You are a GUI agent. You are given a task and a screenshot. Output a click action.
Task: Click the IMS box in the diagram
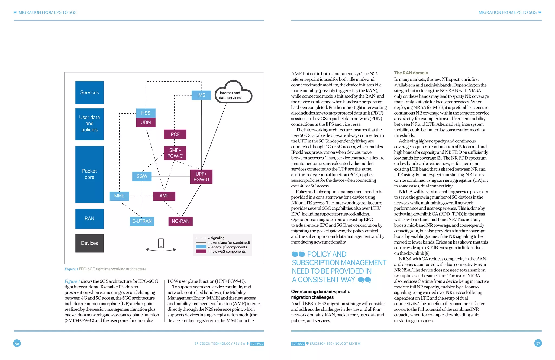(x=201, y=95)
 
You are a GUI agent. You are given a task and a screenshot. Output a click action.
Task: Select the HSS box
(x=146, y=113)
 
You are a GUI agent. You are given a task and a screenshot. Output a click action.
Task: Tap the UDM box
(x=146, y=122)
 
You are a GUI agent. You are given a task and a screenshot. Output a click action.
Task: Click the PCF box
(x=175, y=134)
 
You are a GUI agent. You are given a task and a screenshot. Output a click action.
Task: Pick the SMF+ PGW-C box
(x=175, y=153)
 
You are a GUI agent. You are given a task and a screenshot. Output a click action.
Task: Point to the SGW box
(x=142, y=176)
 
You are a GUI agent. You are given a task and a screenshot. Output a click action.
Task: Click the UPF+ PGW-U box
(x=201, y=177)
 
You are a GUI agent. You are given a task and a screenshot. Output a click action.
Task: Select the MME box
(x=119, y=196)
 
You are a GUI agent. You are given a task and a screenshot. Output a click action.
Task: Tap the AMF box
(x=164, y=196)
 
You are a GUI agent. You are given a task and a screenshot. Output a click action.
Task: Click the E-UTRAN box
(x=142, y=221)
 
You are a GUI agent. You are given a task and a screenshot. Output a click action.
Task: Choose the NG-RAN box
(x=180, y=221)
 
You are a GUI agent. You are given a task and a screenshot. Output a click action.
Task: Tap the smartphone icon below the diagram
(x=161, y=243)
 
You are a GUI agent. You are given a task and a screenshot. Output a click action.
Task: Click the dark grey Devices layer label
(x=89, y=243)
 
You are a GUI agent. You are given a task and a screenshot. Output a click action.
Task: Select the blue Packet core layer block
(x=89, y=174)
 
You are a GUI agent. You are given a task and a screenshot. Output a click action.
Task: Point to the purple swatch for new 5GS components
(x=201, y=252)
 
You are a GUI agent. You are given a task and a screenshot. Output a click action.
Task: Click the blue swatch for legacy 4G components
(x=201, y=247)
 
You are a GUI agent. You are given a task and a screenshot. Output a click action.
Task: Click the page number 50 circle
(x=17, y=343)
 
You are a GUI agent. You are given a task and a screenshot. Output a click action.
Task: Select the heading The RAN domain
(x=411, y=73)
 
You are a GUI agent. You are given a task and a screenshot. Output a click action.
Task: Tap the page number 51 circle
(x=538, y=343)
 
